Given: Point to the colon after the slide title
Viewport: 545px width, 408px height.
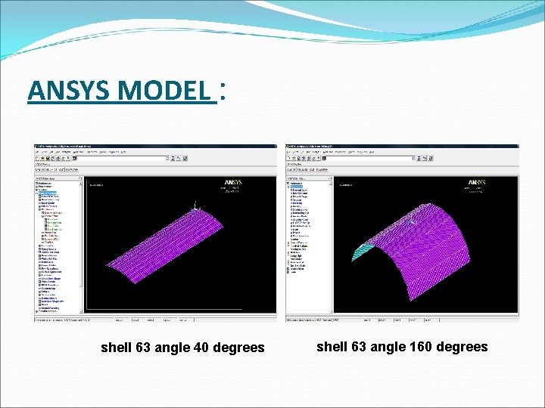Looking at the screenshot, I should (x=222, y=92).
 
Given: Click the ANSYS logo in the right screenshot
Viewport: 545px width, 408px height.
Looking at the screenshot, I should (x=477, y=183).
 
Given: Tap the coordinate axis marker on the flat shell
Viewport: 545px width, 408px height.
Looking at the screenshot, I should (x=195, y=206).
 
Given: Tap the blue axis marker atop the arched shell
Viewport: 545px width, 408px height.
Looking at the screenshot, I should (x=410, y=221).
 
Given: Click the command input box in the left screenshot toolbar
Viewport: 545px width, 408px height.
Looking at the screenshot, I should (x=129, y=159).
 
